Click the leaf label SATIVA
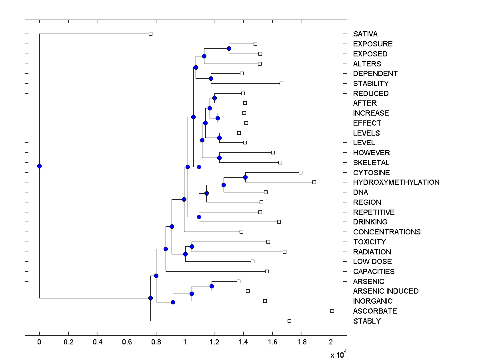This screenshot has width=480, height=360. tap(365, 34)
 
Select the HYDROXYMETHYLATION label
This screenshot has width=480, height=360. tap(396, 182)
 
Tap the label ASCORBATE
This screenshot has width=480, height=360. tap(375, 311)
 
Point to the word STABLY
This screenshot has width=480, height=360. tap(367, 321)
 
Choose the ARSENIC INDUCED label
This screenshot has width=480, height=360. tap(386, 291)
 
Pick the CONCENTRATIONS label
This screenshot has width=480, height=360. tap(387, 232)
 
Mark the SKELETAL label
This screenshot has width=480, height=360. tap(371, 163)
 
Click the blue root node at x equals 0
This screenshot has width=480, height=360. tap(39, 166)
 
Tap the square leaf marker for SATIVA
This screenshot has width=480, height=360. tap(150, 34)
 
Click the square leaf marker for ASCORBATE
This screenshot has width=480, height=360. tap(332, 311)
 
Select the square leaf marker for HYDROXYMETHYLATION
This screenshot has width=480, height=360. tap(314, 182)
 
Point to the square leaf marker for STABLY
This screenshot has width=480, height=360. tap(289, 321)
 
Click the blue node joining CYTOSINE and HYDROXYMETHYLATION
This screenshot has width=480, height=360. tap(246, 177)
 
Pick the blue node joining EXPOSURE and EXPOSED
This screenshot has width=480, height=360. tap(229, 48)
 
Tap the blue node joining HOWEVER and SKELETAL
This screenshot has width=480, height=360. tap(219, 158)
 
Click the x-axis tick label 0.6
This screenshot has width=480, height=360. tap(127, 342)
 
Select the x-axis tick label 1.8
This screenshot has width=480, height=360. tap(302, 342)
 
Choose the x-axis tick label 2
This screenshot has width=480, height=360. tap(331, 342)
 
